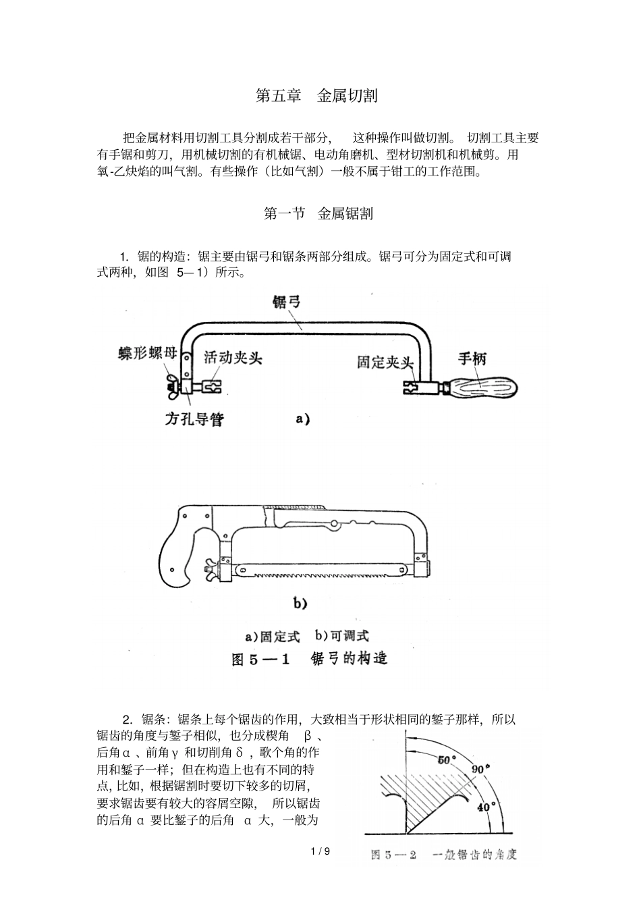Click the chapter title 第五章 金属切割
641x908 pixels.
click(316, 96)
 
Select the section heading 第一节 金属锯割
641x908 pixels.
click(318, 214)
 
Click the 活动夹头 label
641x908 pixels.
click(233, 356)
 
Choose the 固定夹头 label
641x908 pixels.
click(384, 363)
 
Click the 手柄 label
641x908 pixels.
click(472, 358)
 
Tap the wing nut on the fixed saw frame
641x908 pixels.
click(171, 388)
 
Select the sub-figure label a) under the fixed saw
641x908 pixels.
click(302, 419)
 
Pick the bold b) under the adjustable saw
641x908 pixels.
click(300, 603)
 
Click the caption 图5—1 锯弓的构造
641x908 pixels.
click(309, 659)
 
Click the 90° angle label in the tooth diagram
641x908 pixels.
click(479, 769)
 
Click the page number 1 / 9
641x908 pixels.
click(320, 851)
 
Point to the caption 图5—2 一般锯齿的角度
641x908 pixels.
click(443, 855)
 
